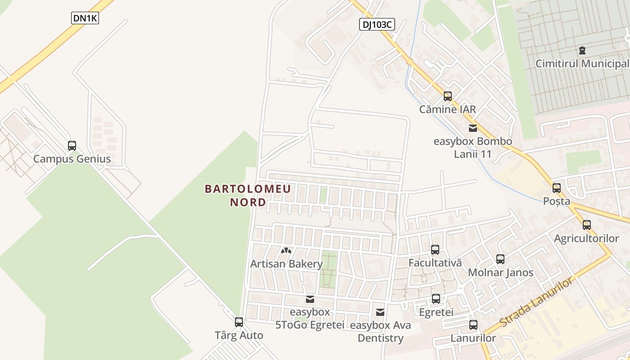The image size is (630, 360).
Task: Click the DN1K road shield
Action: click(x=85, y=18)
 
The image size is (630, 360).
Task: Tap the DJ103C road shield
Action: click(x=377, y=24)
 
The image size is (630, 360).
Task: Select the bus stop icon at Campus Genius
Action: click(x=72, y=146)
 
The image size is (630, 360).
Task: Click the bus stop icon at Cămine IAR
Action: click(x=447, y=96)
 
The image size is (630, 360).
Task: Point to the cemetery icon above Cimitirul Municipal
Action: click(x=583, y=50)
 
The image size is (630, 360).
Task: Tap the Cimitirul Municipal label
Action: click(x=582, y=63)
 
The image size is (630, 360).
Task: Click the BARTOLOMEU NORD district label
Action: click(x=248, y=196)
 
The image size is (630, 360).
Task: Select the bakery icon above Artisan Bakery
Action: click(x=286, y=251)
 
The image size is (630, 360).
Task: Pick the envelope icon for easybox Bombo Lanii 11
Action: click(x=472, y=128)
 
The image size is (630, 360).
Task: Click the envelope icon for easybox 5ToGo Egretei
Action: click(x=310, y=299)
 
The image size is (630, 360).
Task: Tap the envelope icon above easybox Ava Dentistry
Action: click(x=380, y=312)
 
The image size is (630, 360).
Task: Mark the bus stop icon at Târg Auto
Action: click(x=239, y=322)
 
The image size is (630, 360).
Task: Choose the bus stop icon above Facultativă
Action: click(x=435, y=250)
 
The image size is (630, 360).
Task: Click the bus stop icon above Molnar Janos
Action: click(x=500, y=259)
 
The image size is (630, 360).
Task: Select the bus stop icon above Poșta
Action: click(x=557, y=188)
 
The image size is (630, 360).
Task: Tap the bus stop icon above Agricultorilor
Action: click(x=587, y=225)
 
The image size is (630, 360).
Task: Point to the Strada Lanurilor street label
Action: click(x=537, y=302)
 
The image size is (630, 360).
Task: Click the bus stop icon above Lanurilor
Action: click(x=473, y=325)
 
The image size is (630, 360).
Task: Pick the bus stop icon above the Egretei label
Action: click(x=436, y=299)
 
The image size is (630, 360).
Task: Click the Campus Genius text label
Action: click(x=72, y=159)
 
